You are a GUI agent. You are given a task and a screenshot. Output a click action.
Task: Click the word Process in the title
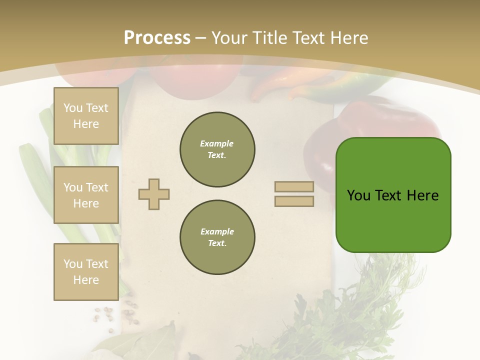tap(157, 38)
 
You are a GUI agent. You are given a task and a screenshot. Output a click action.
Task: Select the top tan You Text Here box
tap(86, 116)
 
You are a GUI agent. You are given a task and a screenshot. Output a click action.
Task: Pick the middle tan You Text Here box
tap(86, 195)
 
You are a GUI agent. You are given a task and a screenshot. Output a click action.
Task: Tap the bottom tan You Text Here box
tap(86, 272)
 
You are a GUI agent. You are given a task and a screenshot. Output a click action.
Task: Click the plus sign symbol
tap(154, 194)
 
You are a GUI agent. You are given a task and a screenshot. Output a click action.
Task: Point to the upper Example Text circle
tap(217, 149)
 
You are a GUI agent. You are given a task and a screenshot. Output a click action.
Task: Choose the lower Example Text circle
tap(217, 237)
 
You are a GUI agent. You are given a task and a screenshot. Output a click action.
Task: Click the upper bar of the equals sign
tap(294, 186)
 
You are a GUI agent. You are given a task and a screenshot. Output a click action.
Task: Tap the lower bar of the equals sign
tap(294, 201)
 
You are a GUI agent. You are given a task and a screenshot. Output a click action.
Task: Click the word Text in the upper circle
tap(216, 155)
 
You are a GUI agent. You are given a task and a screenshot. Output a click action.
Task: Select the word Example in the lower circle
tap(217, 231)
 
